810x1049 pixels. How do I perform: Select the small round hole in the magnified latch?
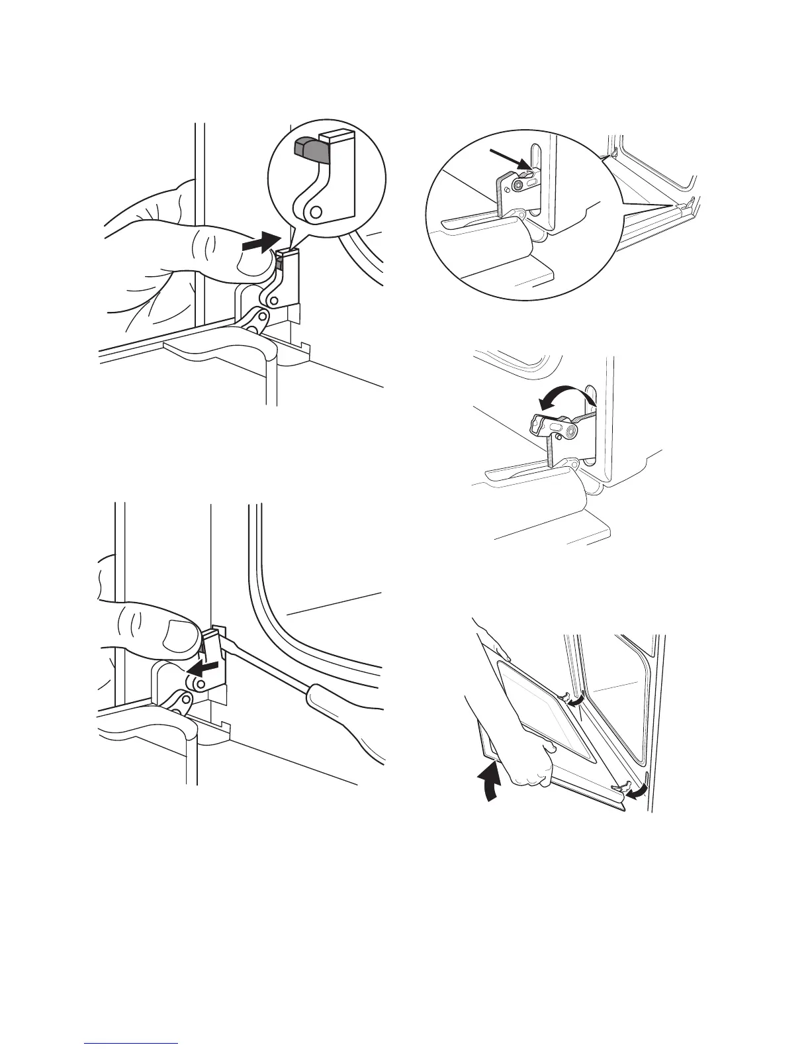316,211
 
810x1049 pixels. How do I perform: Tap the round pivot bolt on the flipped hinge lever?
569,431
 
